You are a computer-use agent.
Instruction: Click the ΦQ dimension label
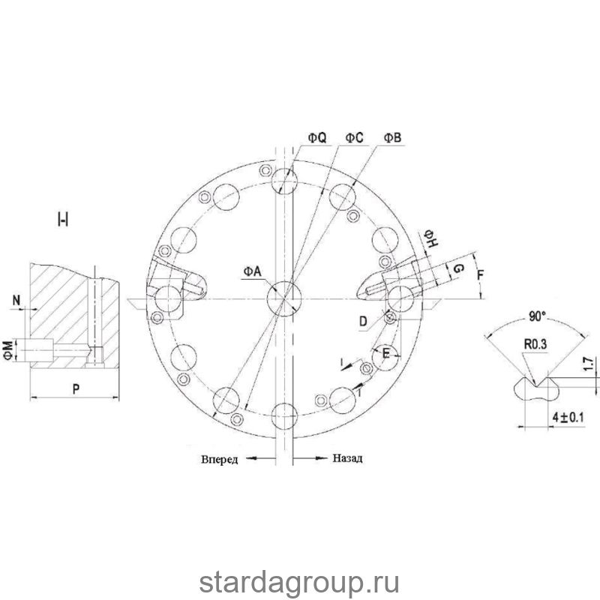click(317, 138)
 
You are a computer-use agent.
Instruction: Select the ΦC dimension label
click(354, 138)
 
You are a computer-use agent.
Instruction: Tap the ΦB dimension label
click(392, 138)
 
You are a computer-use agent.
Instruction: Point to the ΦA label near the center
click(253, 271)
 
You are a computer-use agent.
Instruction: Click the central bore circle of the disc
click(284, 298)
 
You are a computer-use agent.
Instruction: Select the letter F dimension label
click(481, 274)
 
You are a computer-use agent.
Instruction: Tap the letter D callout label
click(363, 322)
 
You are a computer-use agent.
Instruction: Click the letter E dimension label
click(385, 353)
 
